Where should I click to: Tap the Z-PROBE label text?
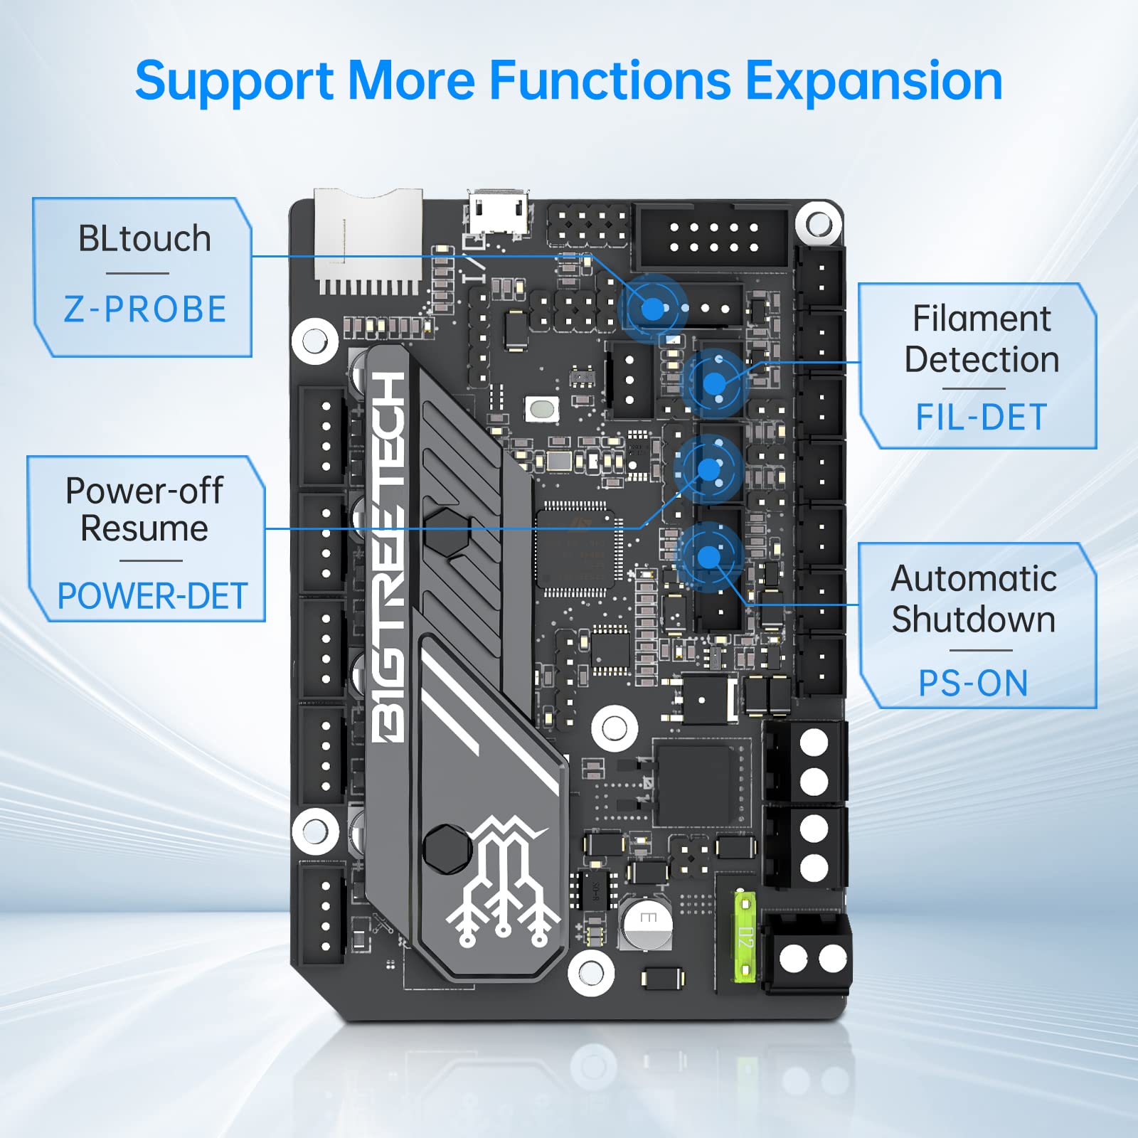(145, 309)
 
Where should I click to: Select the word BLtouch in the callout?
(144, 238)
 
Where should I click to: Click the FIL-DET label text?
(981, 417)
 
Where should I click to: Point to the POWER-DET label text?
(151, 596)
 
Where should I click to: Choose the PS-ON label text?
(973, 684)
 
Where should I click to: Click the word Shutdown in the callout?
(973, 619)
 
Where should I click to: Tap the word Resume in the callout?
(144, 528)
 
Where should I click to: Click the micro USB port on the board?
(497, 212)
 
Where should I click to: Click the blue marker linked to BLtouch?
(652, 309)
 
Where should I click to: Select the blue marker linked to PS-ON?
(708, 556)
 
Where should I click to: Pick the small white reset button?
(542, 410)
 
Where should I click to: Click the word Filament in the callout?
(981, 319)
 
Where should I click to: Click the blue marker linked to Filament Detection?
(714, 384)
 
